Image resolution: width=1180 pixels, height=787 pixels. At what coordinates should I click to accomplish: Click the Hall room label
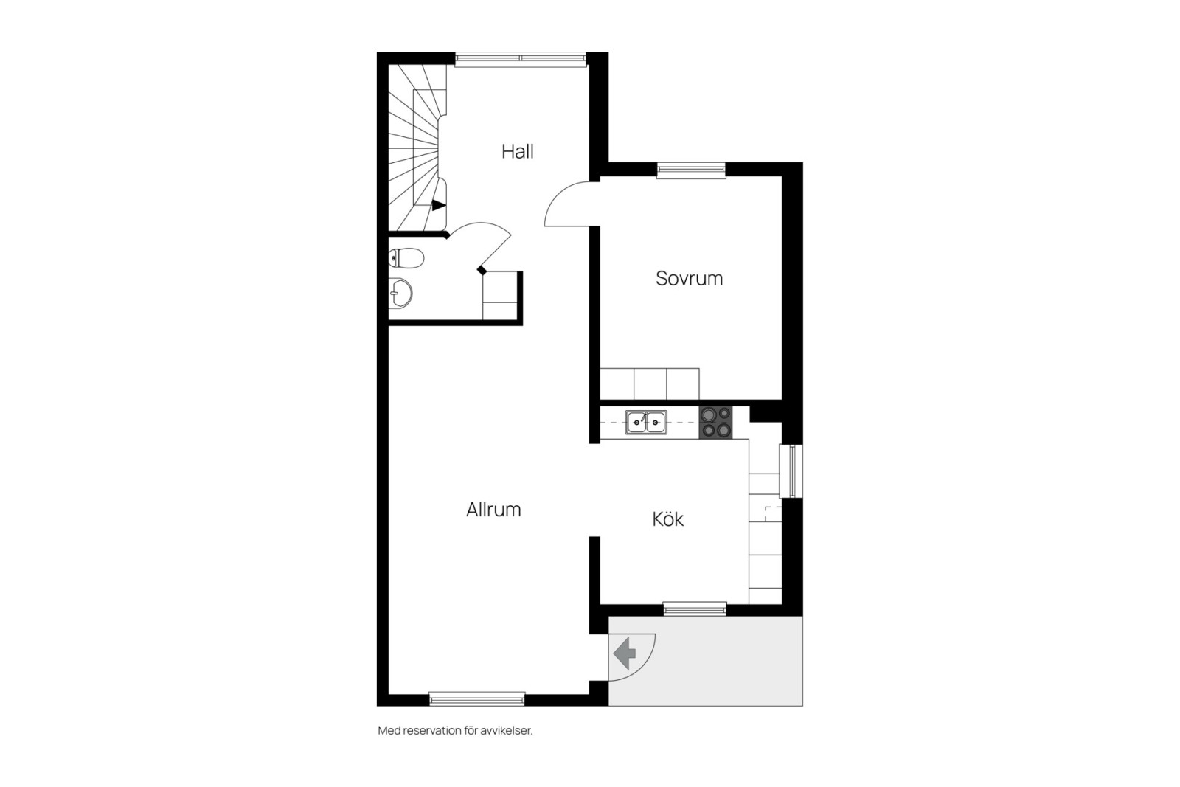point(517,152)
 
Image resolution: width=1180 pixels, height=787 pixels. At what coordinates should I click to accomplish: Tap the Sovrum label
point(689,278)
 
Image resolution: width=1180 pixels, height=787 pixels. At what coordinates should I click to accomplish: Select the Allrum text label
point(493,510)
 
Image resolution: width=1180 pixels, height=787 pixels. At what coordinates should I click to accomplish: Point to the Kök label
point(668,519)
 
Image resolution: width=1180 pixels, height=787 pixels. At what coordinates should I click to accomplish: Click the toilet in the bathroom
point(406,258)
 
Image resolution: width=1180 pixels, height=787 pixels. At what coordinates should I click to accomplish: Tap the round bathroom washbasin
point(401,294)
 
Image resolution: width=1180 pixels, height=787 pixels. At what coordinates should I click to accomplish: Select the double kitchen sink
point(646,423)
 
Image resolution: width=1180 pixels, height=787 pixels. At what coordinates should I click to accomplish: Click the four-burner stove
point(715,423)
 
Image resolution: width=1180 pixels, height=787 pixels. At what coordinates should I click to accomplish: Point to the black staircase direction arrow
point(439,206)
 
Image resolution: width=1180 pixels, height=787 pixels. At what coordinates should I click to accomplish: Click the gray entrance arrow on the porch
point(624,653)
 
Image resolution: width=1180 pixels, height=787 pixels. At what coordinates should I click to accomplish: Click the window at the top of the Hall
point(521,60)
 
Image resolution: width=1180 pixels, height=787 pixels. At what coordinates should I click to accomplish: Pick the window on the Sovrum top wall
point(691,170)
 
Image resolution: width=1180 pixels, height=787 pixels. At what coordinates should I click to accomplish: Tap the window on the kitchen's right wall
point(791,471)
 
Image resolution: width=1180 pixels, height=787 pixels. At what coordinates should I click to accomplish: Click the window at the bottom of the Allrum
point(477,698)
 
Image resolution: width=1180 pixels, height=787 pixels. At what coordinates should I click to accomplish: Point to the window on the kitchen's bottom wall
point(695,609)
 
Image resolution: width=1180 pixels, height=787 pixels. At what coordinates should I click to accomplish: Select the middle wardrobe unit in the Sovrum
point(650,384)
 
